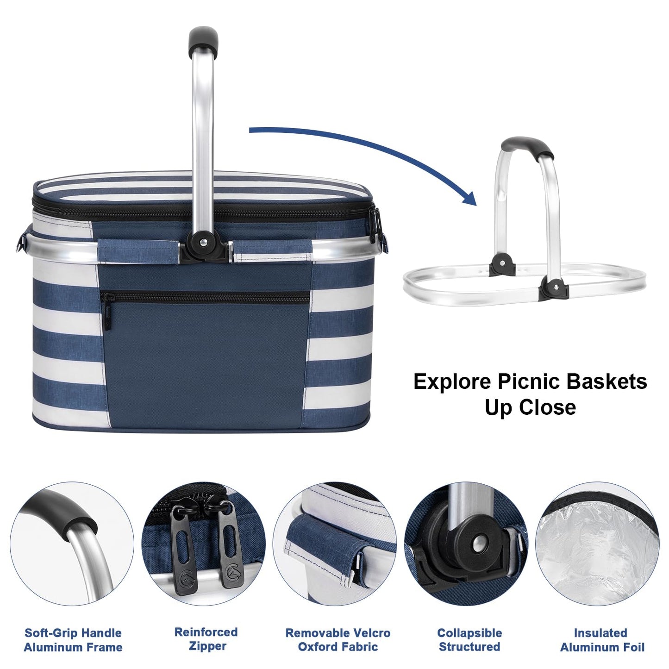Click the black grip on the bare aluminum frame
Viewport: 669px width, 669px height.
[x=527, y=148]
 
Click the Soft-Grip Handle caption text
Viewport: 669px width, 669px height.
[x=73, y=633]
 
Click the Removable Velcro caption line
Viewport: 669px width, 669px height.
[x=338, y=633]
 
